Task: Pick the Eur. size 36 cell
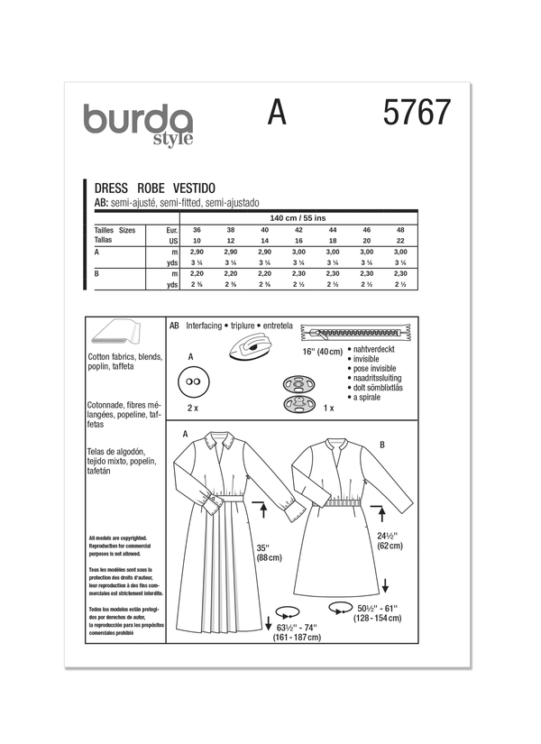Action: tap(197, 232)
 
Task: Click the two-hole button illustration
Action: tap(191, 384)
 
